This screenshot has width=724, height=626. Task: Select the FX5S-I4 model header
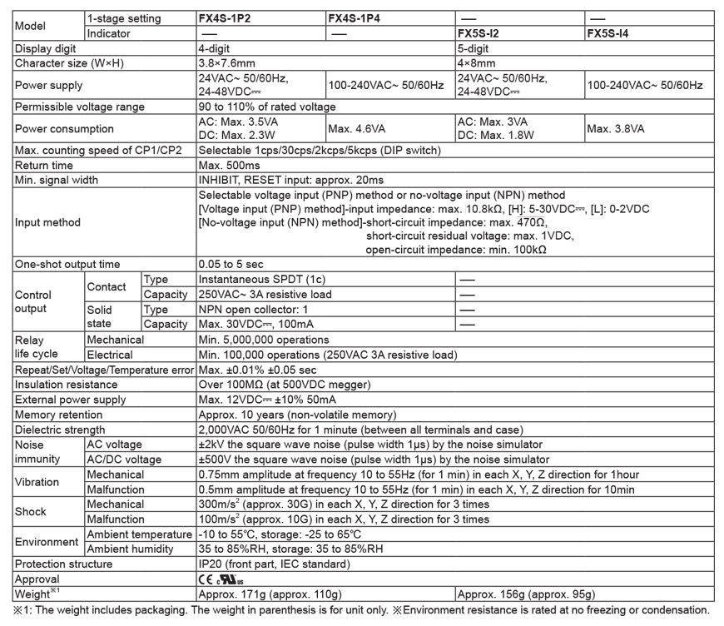click(x=612, y=33)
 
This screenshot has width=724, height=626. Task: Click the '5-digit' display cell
click(x=474, y=48)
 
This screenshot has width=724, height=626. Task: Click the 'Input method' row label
click(x=48, y=222)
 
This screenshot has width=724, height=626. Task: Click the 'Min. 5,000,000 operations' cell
click(x=262, y=339)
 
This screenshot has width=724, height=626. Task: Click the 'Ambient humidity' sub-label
click(x=130, y=549)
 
